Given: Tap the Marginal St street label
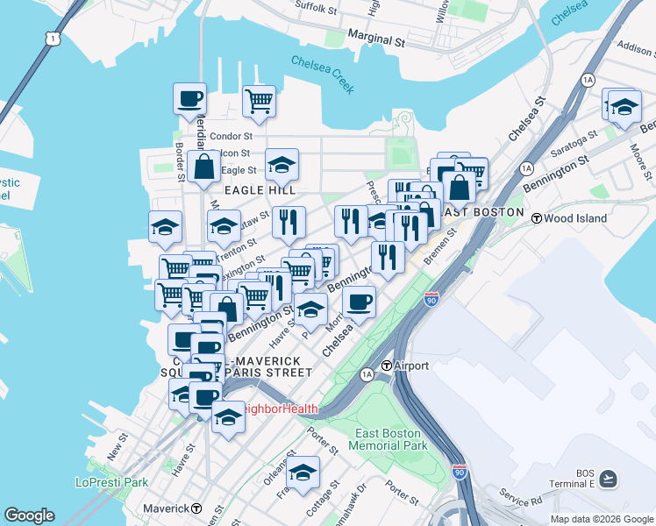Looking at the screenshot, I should click(x=376, y=40).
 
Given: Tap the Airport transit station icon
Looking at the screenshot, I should click(x=385, y=366).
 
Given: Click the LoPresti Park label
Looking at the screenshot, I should click(x=111, y=482).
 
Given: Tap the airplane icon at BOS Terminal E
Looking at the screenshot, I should click(x=609, y=479).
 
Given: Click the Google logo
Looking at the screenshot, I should click(x=29, y=515).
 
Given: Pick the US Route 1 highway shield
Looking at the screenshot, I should click(x=54, y=39).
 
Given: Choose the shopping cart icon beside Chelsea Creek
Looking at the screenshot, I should click(x=259, y=102).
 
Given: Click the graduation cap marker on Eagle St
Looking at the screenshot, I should click(x=281, y=164).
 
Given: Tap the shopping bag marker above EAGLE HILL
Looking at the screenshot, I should click(x=203, y=166).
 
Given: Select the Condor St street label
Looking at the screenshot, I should click(x=231, y=136).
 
